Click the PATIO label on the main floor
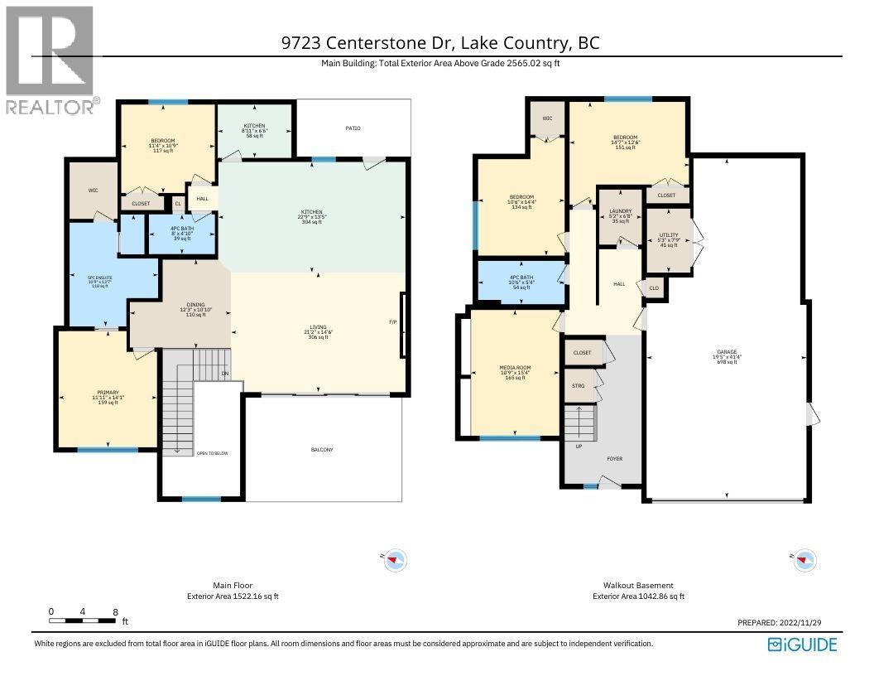(x=353, y=128)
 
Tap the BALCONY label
(x=322, y=450)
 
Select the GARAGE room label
(x=727, y=352)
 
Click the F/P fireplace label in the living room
(x=393, y=321)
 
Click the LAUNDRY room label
(x=620, y=212)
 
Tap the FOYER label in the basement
(x=614, y=458)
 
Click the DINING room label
(x=195, y=305)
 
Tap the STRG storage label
(x=579, y=385)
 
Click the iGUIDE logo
(x=802, y=645)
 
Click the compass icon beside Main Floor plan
(x=394, y=561)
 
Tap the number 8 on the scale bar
(x=114, y=612)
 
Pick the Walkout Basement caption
(x=638, y=585)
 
